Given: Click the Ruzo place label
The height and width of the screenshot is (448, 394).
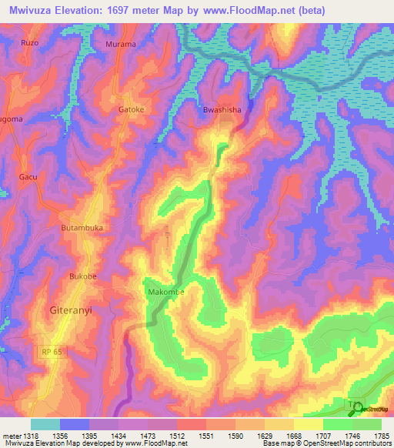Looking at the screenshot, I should (x=30, y=43).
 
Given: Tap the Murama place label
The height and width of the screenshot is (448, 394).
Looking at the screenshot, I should (x=120, y=44).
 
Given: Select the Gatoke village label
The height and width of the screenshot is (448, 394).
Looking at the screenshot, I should (x=131, y=109).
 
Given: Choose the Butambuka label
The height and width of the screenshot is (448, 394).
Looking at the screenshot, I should (x=82, y=229).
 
